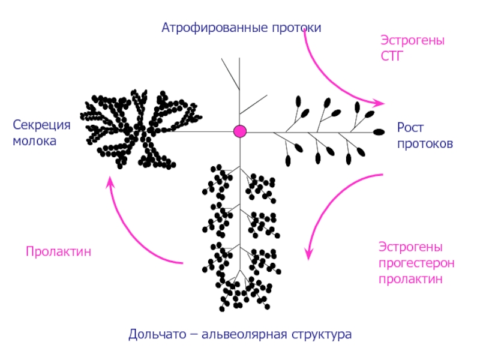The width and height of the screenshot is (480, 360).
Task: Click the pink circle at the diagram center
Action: coord(240,131)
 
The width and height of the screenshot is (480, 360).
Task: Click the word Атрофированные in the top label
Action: coord(215,28)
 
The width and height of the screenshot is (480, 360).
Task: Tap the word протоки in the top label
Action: coord(296,28)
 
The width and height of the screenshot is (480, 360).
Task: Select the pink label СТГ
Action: coord(392,56)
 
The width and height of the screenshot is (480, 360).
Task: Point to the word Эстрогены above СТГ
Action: coord(412,40)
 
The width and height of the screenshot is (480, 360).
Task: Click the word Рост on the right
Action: coord(410,128)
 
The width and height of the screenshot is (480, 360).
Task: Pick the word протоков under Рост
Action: coord(425,144)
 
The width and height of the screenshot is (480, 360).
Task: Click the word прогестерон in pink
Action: coord(416,263)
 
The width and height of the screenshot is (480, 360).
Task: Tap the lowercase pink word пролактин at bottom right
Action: coord(410,279)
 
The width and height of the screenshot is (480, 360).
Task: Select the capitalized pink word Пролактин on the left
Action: coord(58,251)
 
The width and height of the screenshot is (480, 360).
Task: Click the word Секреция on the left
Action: coord(41,125)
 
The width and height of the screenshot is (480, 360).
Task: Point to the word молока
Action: coord(35,141)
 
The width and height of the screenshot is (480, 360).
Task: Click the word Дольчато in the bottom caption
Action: coord(157,334)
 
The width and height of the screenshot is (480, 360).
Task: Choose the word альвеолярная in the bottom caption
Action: coord(244,334)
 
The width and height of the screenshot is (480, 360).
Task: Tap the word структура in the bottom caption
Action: coord(322,335)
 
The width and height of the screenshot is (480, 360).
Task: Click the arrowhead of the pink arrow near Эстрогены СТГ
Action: coord(379,103)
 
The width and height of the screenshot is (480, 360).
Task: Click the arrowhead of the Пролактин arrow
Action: coord(110,182)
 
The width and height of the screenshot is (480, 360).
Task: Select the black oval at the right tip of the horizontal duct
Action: coord(379,132)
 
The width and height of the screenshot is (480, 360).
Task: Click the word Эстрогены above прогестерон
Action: coord(410,247)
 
